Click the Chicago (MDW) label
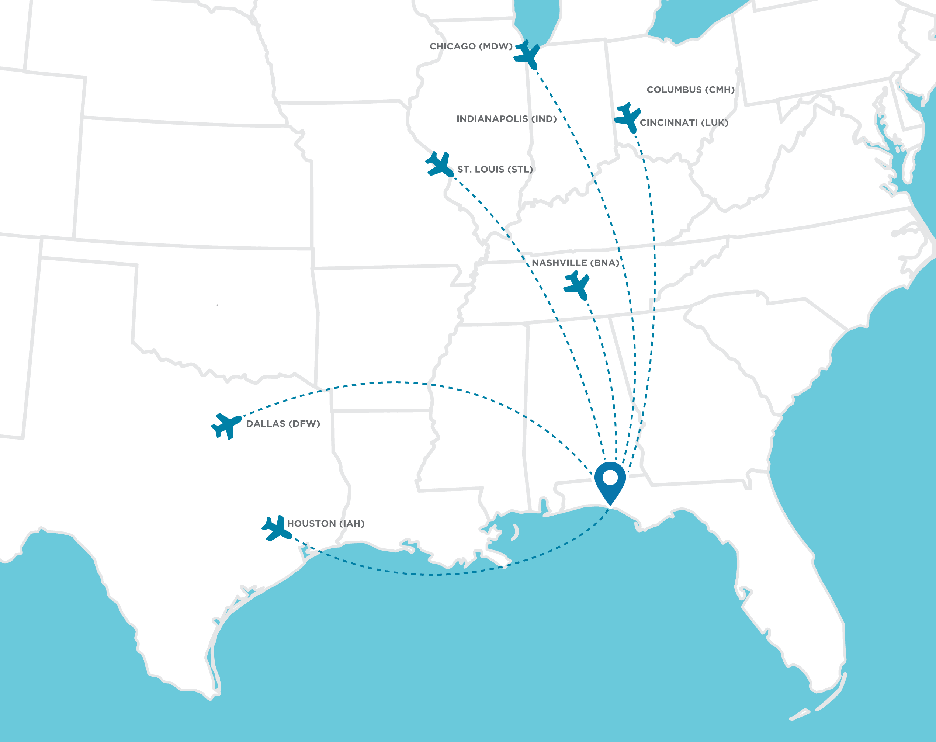471,46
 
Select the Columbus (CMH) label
690,90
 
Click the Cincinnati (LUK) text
684,123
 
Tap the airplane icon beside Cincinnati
628,117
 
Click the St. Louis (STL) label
495,169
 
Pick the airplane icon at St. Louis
440,164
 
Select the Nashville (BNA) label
575,263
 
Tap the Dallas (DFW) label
283,424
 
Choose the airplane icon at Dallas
226,426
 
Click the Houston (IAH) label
326,524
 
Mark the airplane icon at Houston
276,528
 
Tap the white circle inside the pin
610,477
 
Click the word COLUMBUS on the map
674,90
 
